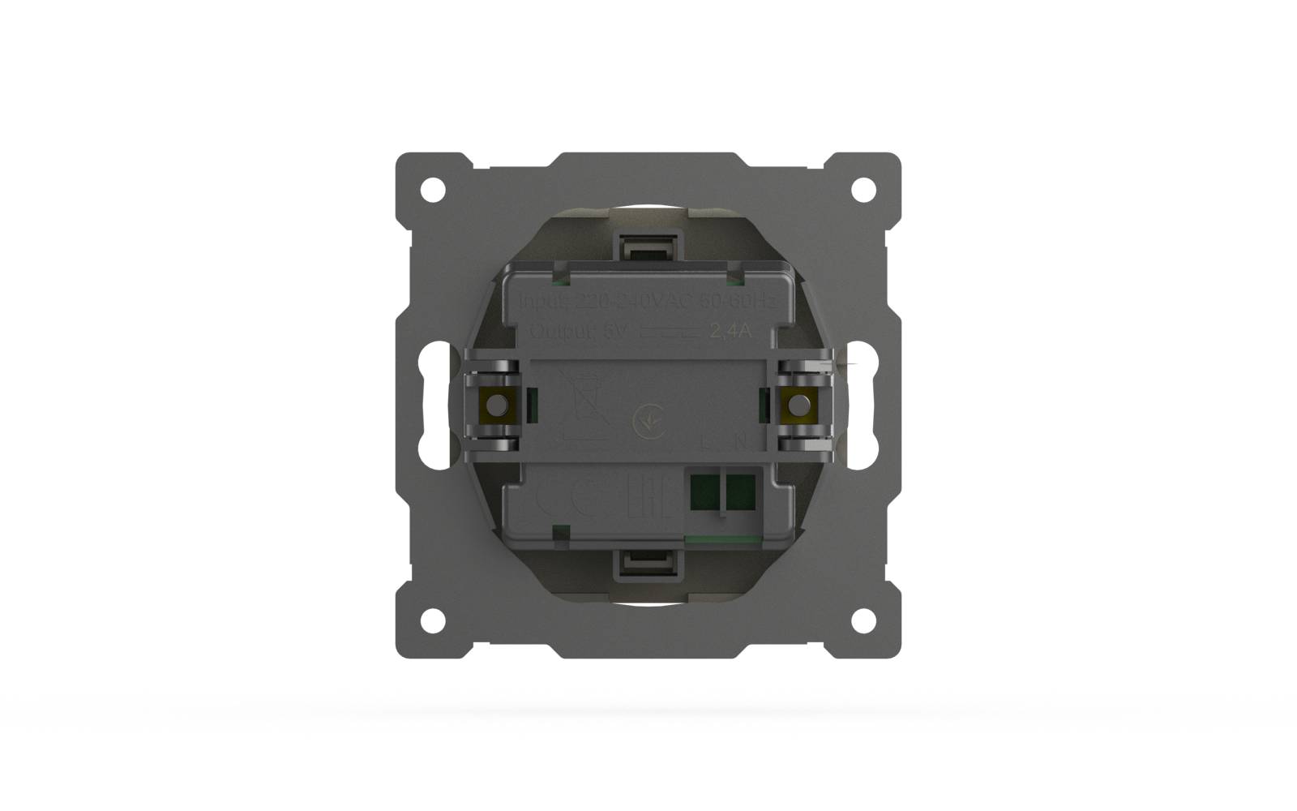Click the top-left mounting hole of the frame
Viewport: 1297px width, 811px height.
pyautogui.click(x=433, y=190)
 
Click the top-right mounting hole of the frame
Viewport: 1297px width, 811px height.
pyautogui.click(x=863, y=190)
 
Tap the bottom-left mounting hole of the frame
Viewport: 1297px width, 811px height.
pyautogui.click(x=433, y=620)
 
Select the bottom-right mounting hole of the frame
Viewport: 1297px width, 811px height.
pyautogui.click(x=863, y=620)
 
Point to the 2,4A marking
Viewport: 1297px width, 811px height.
pyautogui.click(x=731, y=331)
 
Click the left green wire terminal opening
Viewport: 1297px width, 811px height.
pyautogui.click(x=704, y=491)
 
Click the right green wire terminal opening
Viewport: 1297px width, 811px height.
pyautogui.click(x=740, y=491)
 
